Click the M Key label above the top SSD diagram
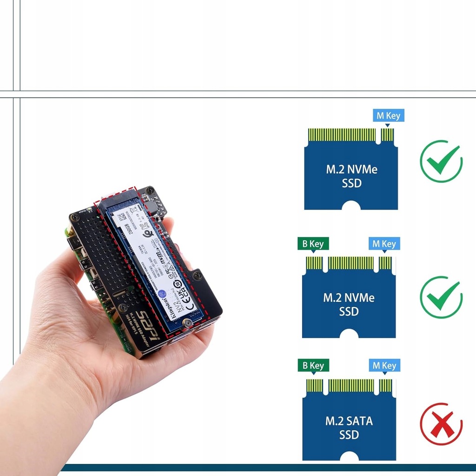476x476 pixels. [388, 116]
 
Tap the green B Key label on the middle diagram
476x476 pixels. [313, 244]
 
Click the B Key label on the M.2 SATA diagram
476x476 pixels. [313, 366]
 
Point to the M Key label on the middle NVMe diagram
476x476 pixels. [384, 244]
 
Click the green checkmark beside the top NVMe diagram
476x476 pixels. [441, 161]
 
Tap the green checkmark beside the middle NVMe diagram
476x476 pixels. [441, 297]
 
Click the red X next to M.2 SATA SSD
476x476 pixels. [441, 424]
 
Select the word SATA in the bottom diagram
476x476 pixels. [357, 422]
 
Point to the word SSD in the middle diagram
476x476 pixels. [349, 312]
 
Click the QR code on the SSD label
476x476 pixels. [120, 217]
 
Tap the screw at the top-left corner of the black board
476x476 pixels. [73, 217]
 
